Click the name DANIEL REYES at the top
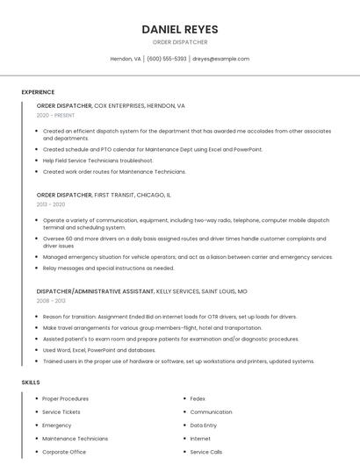click(x=180, y=29)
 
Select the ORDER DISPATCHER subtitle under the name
click(x=180, y=42)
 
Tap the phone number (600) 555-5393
click(x=166, y=59)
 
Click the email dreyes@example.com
click(x=221, y=59)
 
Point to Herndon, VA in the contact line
click(x=126, y=59)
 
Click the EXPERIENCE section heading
click(x=38, y=92)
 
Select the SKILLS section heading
click(x=31, y=383)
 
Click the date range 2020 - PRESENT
click(x=55, y=115)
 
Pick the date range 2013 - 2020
click(x=51, y=204)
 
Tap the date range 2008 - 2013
click(x=51, y=300)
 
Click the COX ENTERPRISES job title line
click(x=111, y=105)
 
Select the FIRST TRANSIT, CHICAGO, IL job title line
click(x=104, y=195)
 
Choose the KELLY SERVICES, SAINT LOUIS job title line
click(x=141, y=290)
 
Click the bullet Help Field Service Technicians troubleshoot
click(x=97, y=161)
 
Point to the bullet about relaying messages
click(x=108, y=268)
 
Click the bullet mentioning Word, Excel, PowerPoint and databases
click(x=99, y=350)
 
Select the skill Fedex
click(x=198, y=398)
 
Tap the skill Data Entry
click(x=204, y=425)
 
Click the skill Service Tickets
click(x=61, y=411)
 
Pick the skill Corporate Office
click(x=64, y=452)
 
